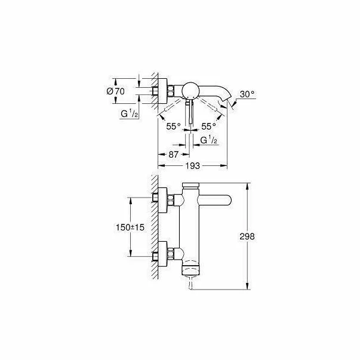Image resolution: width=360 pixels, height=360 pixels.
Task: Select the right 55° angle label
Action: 208,126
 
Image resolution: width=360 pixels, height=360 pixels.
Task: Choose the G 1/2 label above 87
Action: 208,140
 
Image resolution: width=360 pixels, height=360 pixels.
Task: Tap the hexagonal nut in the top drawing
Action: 171,91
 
